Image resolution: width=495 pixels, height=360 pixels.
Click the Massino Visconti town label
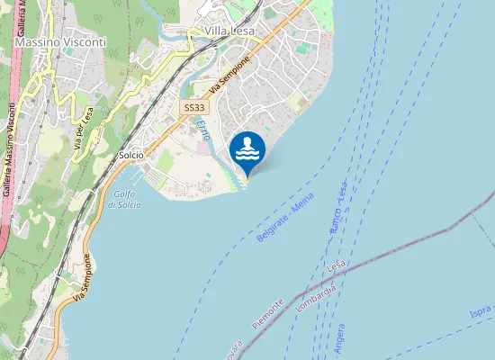click(x=60, y=42)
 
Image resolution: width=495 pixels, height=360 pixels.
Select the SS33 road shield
click(x=193, y=108)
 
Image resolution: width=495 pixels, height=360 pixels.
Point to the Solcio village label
click(x=130, y=155)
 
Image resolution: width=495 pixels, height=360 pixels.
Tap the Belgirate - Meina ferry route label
click(x=279, y=220)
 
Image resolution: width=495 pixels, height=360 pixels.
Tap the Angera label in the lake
click(x=339, y=339)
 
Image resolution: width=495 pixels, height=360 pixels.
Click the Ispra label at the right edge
click(x=481, y=311)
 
